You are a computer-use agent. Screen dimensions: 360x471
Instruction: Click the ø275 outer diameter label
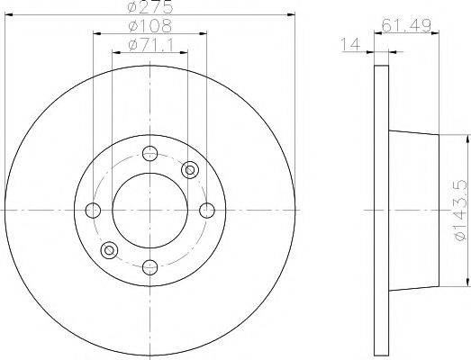(150, 8)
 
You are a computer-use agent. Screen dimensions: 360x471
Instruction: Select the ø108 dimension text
(150, 26)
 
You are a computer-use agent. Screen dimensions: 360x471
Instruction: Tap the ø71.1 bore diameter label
(150, 44)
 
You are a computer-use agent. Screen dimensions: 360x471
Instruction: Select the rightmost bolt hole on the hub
(207, 210)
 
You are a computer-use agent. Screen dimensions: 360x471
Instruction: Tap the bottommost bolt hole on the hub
(150, 266)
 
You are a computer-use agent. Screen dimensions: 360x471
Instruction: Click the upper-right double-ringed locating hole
(190, 169)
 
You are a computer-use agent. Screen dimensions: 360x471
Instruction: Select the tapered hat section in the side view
(414, 209)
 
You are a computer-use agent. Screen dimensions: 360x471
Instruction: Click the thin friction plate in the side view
(381, 210)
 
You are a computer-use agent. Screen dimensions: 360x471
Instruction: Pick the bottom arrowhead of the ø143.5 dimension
(467, 280)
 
